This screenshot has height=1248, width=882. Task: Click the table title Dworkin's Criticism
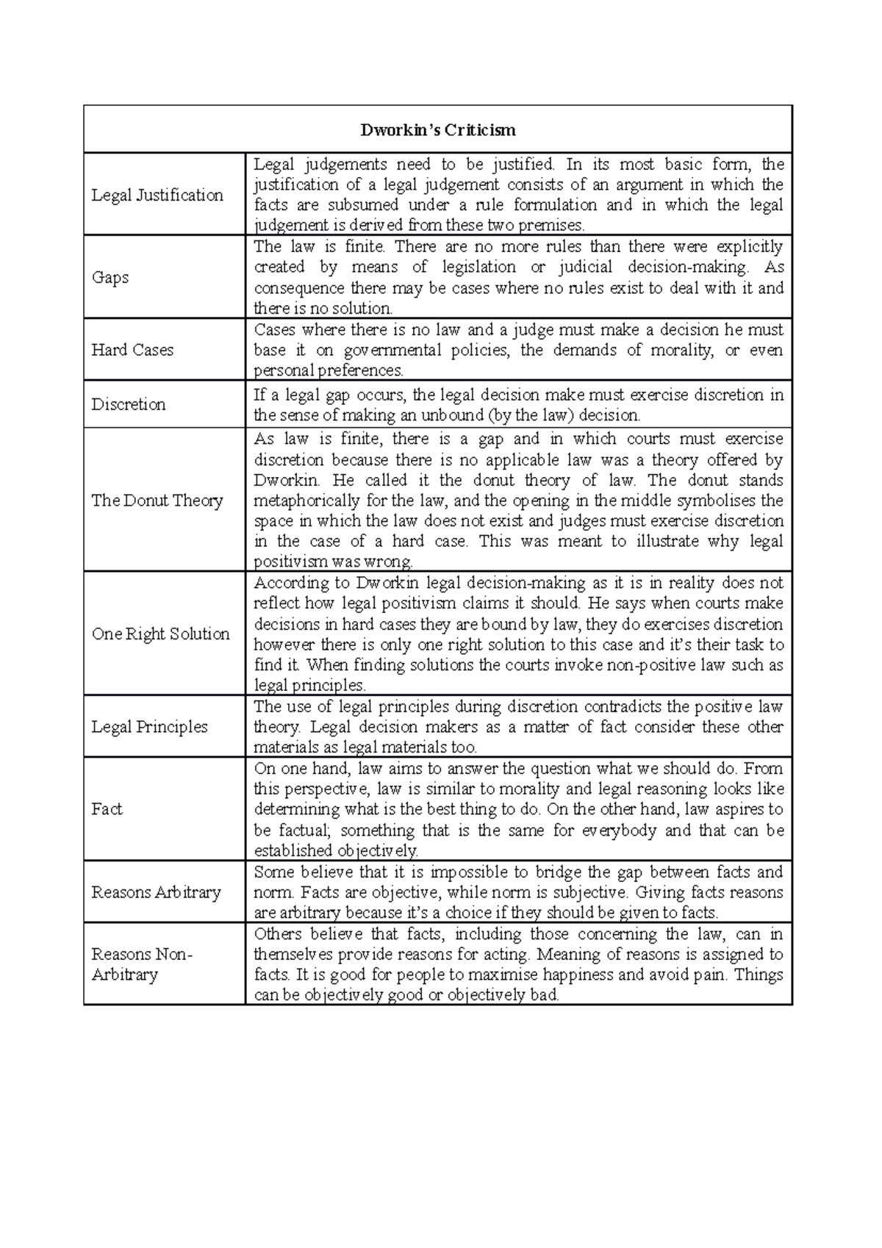pyautogui.click(x=437, y=131)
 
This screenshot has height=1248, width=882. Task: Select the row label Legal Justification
pyautogui.click(x=157, y=195)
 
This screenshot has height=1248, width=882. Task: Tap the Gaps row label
pyautogui.click(x=110, y=277)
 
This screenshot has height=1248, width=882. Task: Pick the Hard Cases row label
pyautogui.click(x=132, y=350)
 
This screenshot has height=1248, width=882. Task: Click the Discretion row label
pyautogui.click(x=129, y=404)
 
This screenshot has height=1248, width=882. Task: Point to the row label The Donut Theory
pyautogui.click(x=157, y=501)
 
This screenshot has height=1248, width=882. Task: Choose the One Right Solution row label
pyautogui.click(x=160, y=634)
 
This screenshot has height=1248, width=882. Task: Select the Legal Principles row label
pyautogui.click(x=149, y=727)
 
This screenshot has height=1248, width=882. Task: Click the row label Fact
pyautogui.click(x=107, y=809)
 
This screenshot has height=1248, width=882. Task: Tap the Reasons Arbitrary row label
pyautogui.click(x=156, y=892)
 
